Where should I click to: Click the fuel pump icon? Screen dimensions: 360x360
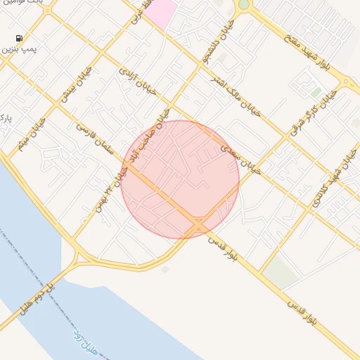click(x=18, y=38)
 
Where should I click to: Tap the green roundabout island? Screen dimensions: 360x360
click(x=243, y=4)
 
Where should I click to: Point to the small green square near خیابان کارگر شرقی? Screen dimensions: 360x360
click(x=316, y=92)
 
